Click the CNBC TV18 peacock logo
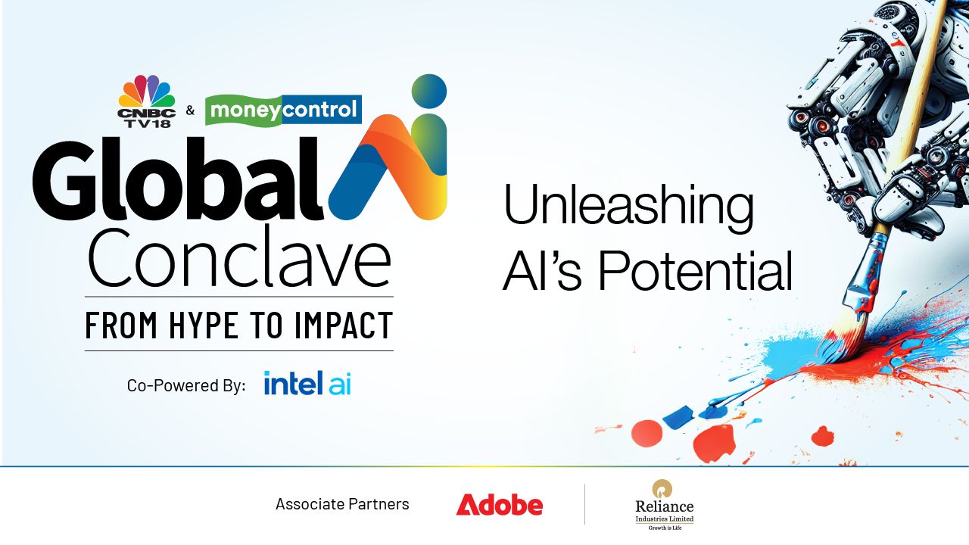(147, 101)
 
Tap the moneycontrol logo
(283, 110)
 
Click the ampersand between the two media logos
(190, 111)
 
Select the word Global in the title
(178, 179)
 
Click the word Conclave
(240, 258)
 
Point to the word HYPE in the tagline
(204, 325)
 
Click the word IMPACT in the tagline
(344, 325)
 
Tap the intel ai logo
(307, 383)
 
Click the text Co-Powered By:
(186, 385)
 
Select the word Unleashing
(629, 205)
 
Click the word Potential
(696, 271)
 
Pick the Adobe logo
(499, 504)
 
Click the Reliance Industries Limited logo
(665, 505)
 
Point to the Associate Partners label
(342, 504)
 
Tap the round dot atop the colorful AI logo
(428, 92)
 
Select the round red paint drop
(647, 434)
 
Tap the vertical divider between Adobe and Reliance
(585, 504)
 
